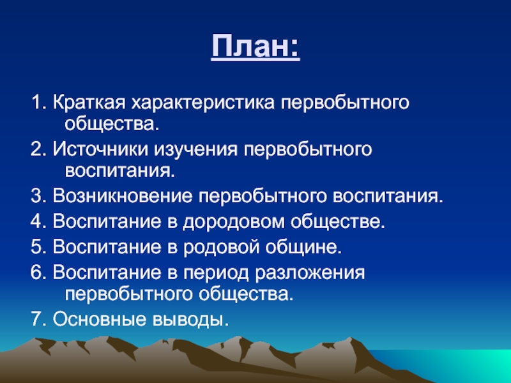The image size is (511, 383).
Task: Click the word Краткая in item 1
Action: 89,103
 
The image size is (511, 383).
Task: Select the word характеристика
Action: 203,103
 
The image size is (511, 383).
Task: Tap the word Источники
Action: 99,149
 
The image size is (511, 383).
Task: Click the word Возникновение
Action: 123,196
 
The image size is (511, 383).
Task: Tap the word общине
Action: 303,248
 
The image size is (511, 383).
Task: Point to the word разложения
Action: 310,273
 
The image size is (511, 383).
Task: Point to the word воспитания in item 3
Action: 388,197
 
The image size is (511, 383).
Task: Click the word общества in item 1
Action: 112,124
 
